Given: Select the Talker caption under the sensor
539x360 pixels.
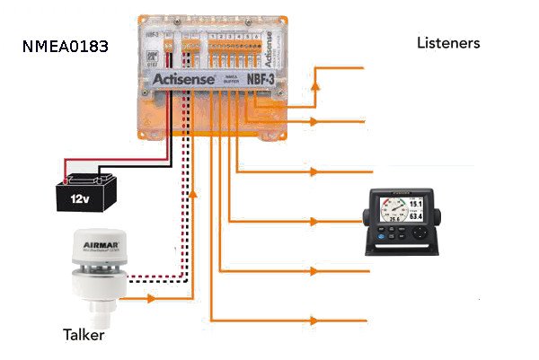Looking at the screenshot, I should [83, 336].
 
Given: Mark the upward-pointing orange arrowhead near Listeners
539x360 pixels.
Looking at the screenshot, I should [315, 84].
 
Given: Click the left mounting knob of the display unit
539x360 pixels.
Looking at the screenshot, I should [366, 217].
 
